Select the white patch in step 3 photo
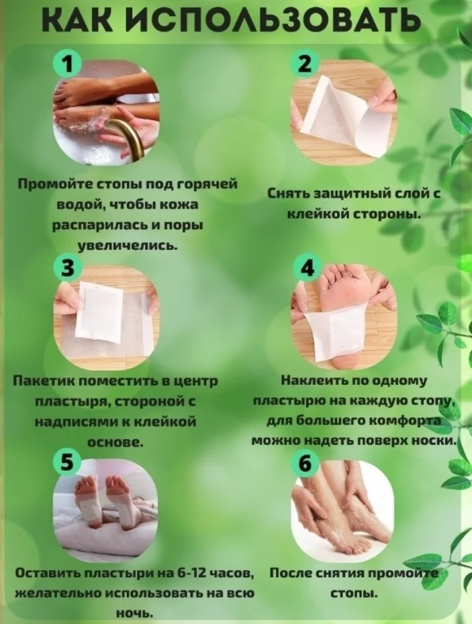[x=99, y=311]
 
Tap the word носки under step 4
[x=436, y=441]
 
